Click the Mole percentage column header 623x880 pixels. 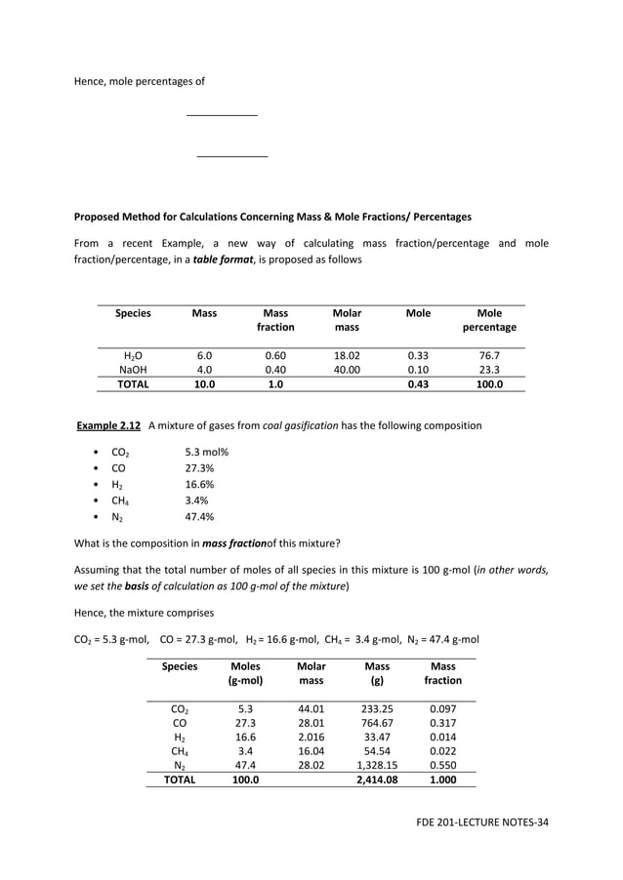click(x=489, y=320)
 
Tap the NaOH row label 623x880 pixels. click(x=133, y=370)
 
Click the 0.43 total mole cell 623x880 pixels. click(x=418, y=384)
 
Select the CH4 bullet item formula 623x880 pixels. click(x=122, y=500)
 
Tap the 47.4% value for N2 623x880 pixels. click(x=200, y=517)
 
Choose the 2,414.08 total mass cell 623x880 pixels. click(x=377, y=780)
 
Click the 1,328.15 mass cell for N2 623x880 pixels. click(x=377, y=766)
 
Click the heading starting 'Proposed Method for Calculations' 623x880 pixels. click(x=272, y=217)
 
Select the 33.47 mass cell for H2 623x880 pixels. click(x=377, y=738)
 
